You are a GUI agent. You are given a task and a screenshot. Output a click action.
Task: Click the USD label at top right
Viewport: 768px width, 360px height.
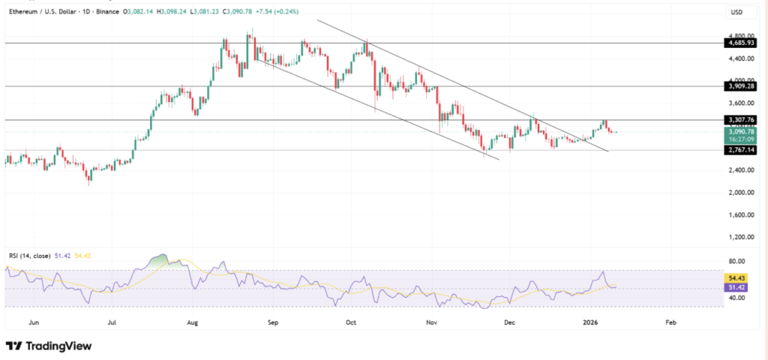(x=737, y=13)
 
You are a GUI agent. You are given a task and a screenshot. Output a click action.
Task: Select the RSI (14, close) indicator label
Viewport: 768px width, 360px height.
(x=29, y=256)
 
